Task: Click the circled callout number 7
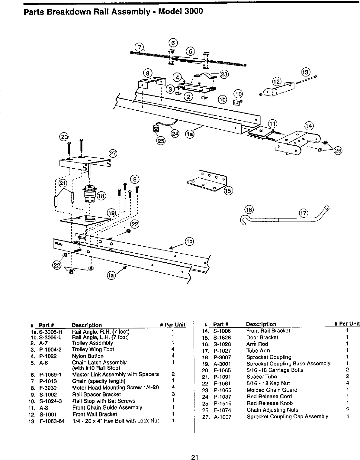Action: (x=139, y=47)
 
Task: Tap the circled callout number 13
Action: (x=305, y=72)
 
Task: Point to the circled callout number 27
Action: (x=113, y=153)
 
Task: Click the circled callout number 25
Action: (x=161, y=141)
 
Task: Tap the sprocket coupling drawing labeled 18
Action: (x=89, y=193)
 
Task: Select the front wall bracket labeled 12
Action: (x=278, y=89)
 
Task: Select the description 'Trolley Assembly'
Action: (x=92, y=343)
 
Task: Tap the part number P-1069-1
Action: (x=50, y=375)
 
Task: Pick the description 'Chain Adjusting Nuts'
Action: (x=272, y=410)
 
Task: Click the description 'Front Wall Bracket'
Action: (x=95, y=414)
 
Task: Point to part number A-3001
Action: (x=222, y=364)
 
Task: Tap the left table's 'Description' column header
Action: (x=87, y=325)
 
